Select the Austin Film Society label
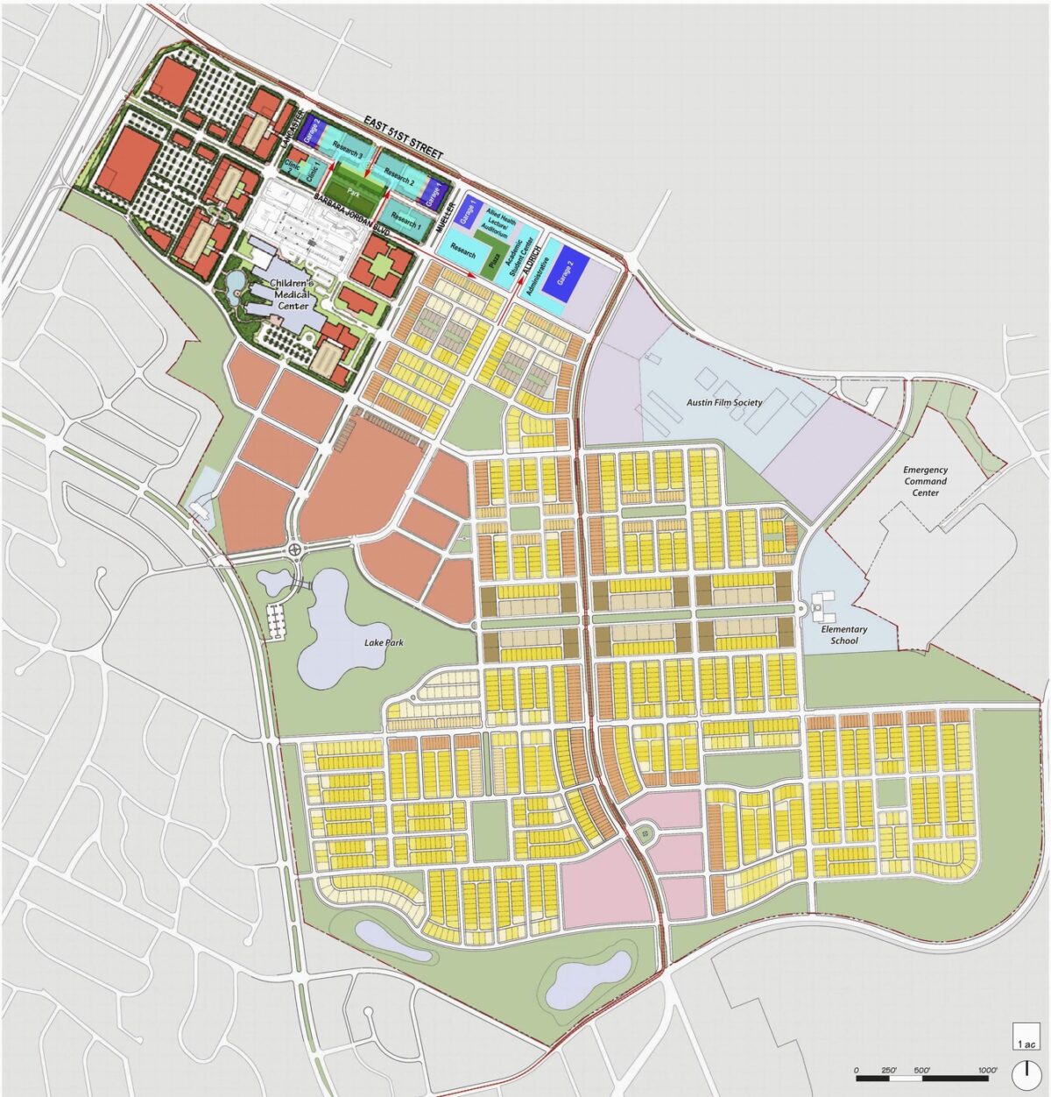(x=724, y=402)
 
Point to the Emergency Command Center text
(x=925, y=481)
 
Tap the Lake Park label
(x=384, y=642)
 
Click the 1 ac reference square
(x=1026, y=1037)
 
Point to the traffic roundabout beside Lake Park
(x=294, y=550)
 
